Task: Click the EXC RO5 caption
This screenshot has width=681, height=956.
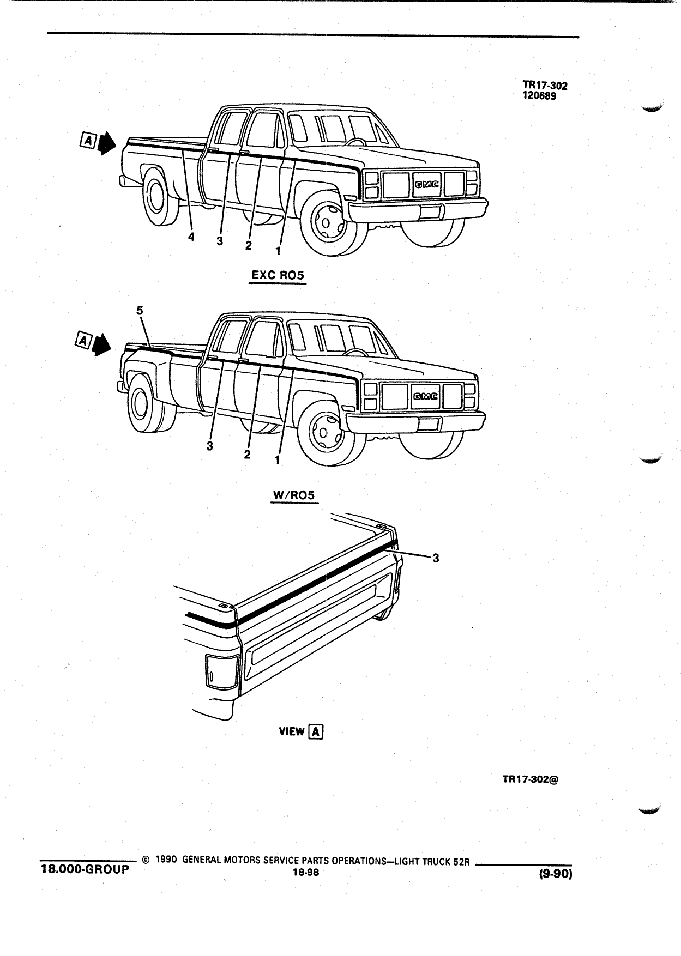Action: pos(278,276)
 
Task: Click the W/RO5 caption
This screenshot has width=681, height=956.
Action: pos(294,495)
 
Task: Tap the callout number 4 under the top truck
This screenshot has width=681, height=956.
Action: pos(191,237)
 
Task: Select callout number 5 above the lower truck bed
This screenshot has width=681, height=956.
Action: pos(140,310)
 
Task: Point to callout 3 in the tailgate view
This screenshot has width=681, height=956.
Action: pos(435,558)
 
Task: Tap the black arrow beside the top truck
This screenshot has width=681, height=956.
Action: pos(108,142)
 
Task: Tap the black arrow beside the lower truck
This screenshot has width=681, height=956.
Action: pos(101,344)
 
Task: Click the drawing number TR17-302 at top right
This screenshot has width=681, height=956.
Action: pos(545,86)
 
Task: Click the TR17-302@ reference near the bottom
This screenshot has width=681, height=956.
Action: pos(530,779)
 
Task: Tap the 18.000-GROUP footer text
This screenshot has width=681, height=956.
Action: pos(86,869)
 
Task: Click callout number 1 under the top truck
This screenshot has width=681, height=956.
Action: pos(278,251)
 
